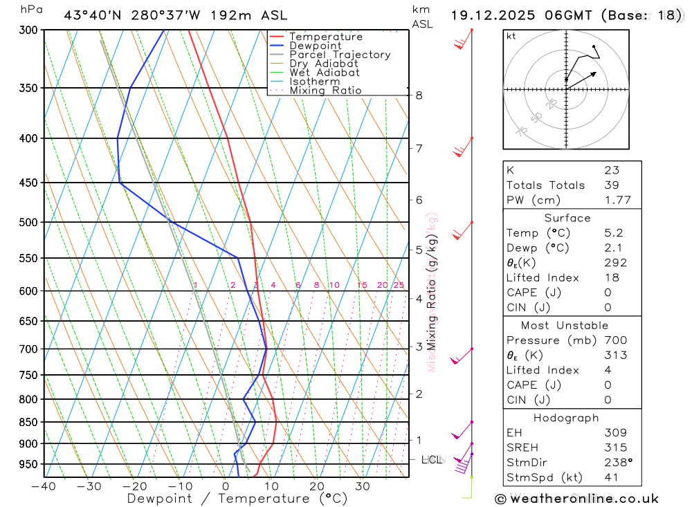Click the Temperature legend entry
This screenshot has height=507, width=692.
(325, 37)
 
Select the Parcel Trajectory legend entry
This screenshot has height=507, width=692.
(340, 55)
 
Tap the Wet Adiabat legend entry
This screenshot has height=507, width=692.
(324, 73)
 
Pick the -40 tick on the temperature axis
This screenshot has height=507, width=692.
(44, 486)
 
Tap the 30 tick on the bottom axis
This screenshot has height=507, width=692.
(362, 486)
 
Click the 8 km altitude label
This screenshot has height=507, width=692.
(419, 95)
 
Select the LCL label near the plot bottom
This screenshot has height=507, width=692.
(432, 459)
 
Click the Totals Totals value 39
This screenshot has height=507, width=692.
(611, 185)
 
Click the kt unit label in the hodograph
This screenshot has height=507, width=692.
(511, 36)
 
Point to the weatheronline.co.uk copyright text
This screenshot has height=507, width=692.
(576, 499)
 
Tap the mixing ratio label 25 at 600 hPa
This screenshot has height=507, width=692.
(399, 285)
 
